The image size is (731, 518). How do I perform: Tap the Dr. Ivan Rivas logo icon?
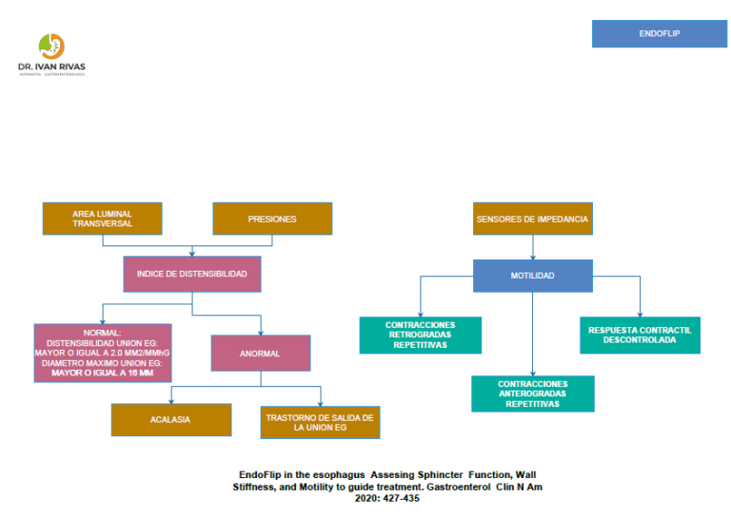(x=51, y=46)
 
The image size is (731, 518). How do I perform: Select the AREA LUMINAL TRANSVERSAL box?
(x=102, y=219)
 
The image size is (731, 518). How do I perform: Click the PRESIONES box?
(x=272, y=219)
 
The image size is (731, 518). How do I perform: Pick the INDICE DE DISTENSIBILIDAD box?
(x=192, y=274)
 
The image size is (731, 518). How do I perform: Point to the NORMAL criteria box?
(x=102, y=352)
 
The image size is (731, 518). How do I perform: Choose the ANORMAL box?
(x=260, y=353)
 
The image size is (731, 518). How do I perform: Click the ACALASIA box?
(x=171, y=419)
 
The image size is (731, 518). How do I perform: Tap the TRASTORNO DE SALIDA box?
(x=320, y=421)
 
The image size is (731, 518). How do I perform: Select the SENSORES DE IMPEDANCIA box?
(x=533, y=219)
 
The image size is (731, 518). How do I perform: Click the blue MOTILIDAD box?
(x=533, y=275)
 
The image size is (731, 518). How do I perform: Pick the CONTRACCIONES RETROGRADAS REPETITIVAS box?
(x=420, y=335)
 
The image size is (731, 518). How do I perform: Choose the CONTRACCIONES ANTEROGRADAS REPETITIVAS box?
(x=533, y=393)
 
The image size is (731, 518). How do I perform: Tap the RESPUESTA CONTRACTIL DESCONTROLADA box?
(x=640, y=335)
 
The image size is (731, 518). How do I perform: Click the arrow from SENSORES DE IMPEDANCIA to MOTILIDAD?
(x=533, y=246)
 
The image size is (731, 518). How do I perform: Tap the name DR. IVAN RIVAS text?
(x=51, y=67)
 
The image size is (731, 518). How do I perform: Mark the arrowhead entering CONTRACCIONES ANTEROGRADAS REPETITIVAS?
(x=533, y=372)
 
